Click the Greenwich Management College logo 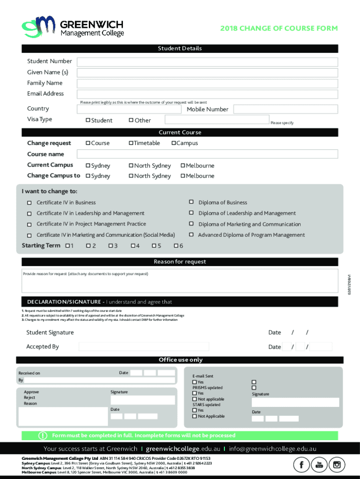[x=72, y=27]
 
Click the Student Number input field [x=207, y=62]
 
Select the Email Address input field [x=207, y=94]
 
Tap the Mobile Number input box [x=285, y=109]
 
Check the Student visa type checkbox [x=88, y=120]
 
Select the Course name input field [x=207, y=154]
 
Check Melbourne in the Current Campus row [x=183, y=166]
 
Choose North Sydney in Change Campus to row [x=131, y=176]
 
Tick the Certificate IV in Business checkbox [x=29, y=203]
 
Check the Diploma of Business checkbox [x=191, y=202]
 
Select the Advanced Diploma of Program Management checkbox [x=191, y=234]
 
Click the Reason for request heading [x=180, y=261]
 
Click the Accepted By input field [x=144, y=347]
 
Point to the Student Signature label [x=50, y=333]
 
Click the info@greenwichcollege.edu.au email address [x=272, y=449]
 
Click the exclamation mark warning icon [x=42, y=435]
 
